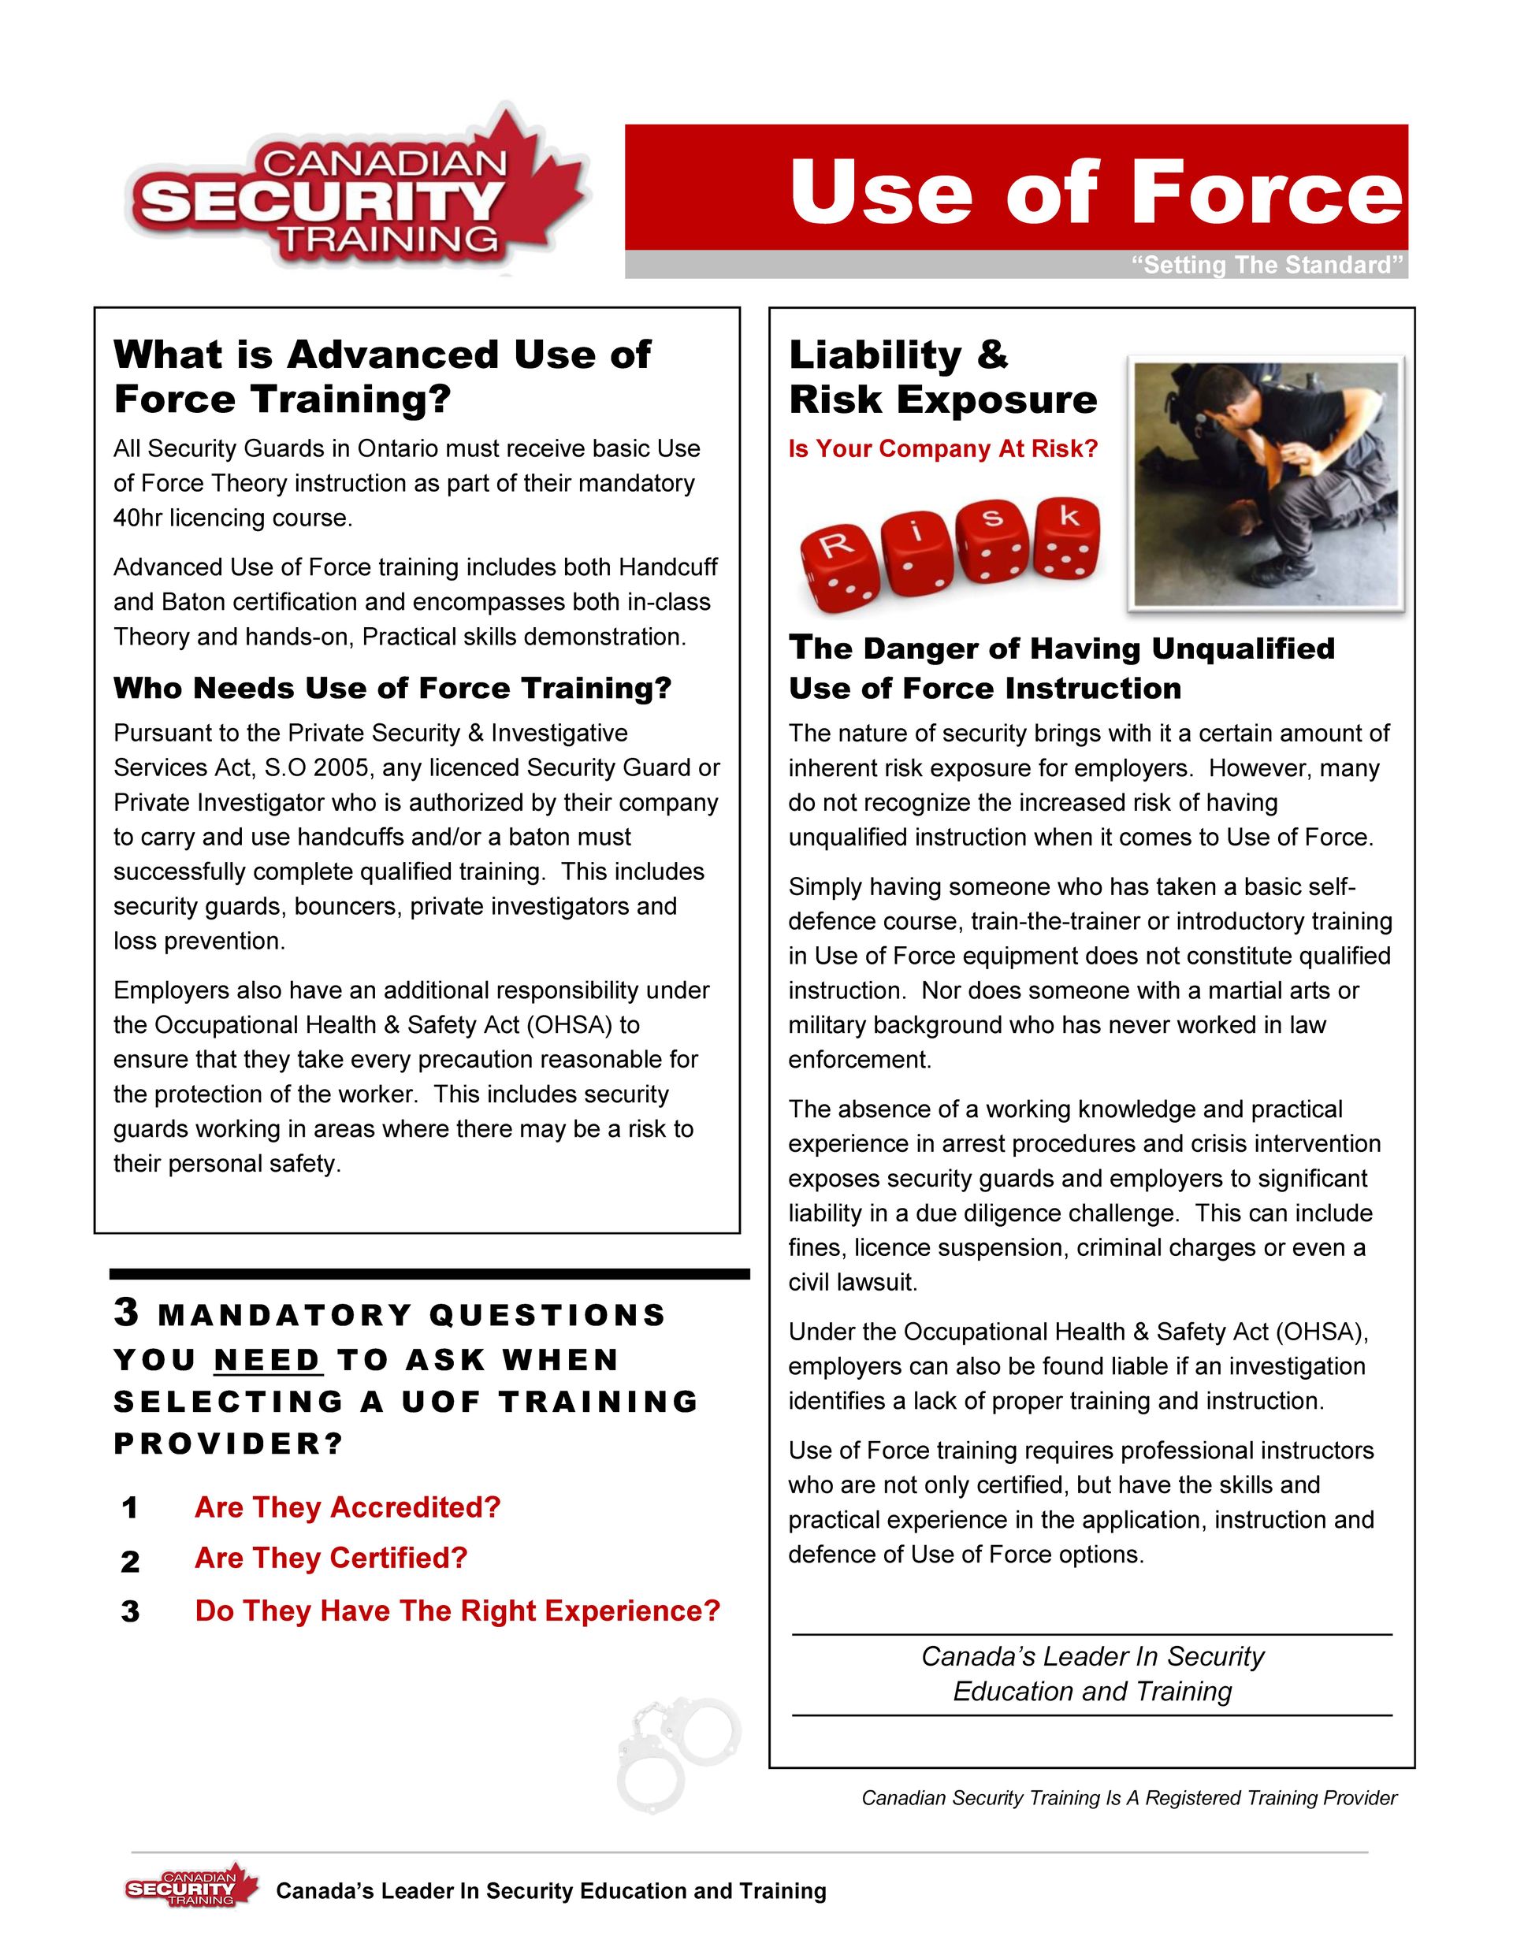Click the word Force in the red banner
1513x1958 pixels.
tap(1266, 191)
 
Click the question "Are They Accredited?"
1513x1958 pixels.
tap(347, 1507)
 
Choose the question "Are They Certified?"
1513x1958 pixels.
tap(331, 1559)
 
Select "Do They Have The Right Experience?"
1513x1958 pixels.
tap(457, 1611)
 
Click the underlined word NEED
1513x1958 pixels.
tap(267, 1359)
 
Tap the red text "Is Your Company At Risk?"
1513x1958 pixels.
tap(942, 448)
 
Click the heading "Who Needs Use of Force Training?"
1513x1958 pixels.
tap(392, 688)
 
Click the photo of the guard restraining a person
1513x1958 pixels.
tap(1265, 483)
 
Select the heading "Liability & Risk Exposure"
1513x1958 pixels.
tap(942, 377)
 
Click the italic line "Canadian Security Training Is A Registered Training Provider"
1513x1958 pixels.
tap(1128, 1797)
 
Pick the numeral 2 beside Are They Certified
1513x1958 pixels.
tap(130, 1561)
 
